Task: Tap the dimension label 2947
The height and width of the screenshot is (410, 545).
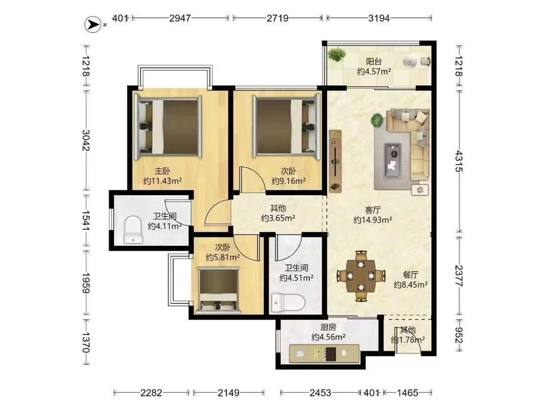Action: click(180, 18)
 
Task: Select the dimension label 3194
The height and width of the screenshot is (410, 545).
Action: click(379, 18)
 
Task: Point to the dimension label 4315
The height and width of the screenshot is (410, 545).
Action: click(459, 161)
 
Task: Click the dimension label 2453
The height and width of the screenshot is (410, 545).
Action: click(320, 393)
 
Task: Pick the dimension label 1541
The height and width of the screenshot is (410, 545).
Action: click(86, 220)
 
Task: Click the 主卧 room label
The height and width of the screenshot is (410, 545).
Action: click(163, 171)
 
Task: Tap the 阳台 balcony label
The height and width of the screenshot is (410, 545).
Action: click(374, 61)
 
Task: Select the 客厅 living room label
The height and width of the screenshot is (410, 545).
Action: click(373, 210)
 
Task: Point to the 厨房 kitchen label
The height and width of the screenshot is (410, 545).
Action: click(328, 327)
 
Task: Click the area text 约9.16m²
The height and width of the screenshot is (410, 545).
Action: click(288, 181)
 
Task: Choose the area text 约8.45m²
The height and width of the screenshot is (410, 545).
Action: click(411, 285)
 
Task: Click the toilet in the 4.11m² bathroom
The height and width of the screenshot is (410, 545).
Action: click(133, 229)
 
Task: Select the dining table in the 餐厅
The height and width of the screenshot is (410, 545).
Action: click(361, 276)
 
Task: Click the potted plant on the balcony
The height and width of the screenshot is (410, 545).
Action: click(336, 54)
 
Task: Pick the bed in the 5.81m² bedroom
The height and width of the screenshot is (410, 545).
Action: click(219, 289)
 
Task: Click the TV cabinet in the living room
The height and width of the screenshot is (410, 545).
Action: click(335, 161)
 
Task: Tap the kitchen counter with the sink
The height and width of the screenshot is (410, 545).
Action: click(324, 353)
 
